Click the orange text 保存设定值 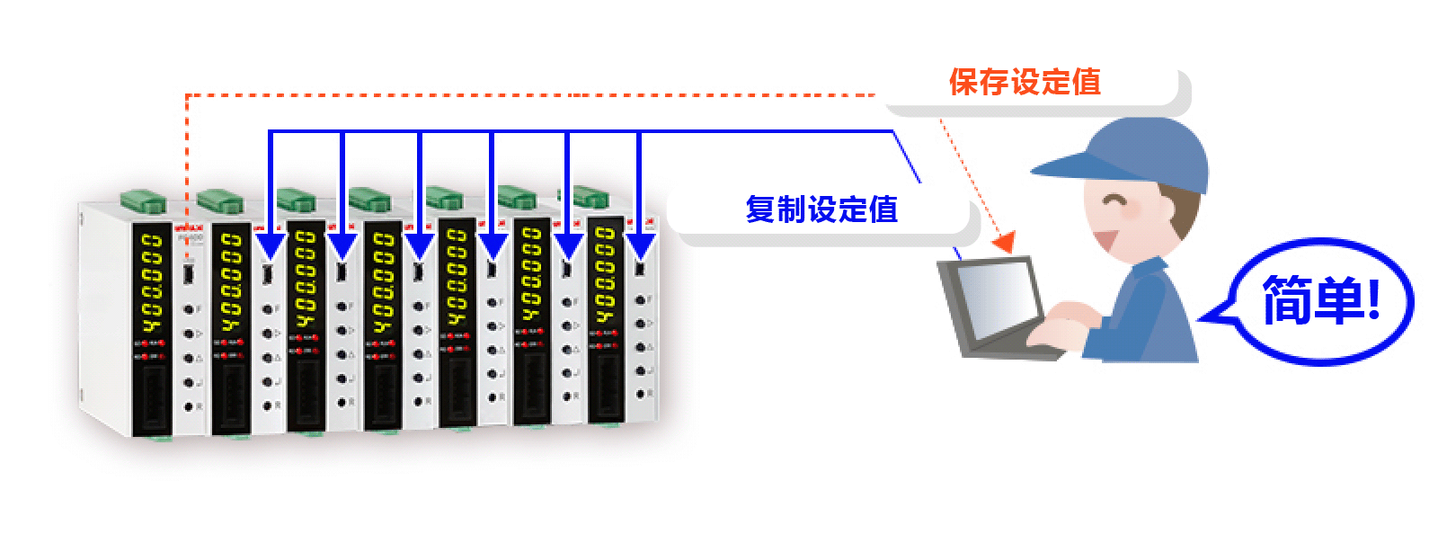tap(1025, 83)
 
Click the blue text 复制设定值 tap(821, 209)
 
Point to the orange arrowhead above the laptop tap(1004, 242)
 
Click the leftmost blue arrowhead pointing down tap(271, 245)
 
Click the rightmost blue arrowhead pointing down tap(640, 245)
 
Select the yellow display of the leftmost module tap(150, 282)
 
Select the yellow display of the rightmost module tap(605, 275)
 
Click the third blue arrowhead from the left tap(420, 245)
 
